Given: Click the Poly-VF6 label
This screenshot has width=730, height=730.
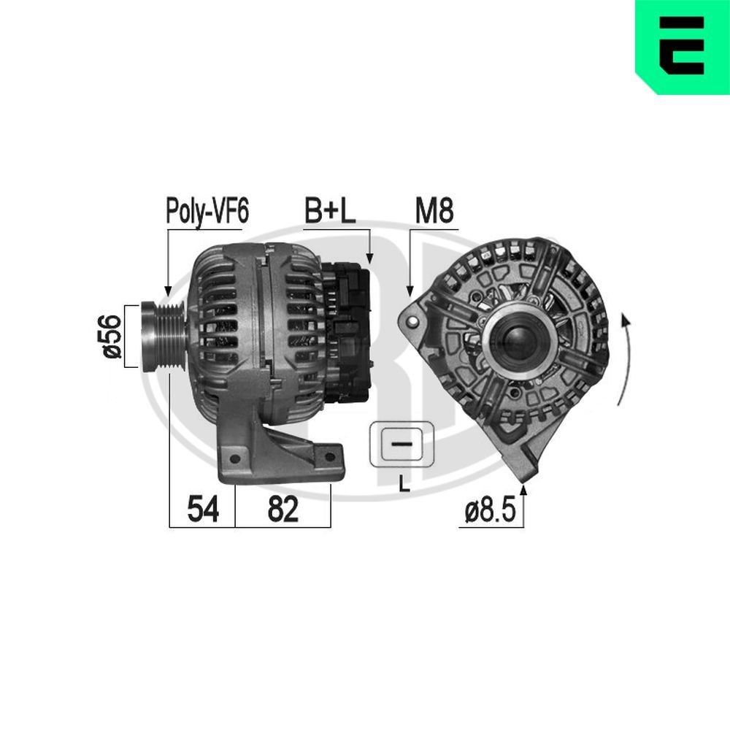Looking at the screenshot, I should [207, 212].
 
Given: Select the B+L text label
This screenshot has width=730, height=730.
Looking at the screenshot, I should [329, 212].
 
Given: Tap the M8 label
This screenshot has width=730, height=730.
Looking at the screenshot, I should [434, 212].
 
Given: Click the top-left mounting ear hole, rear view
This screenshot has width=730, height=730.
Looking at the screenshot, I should [415, 320].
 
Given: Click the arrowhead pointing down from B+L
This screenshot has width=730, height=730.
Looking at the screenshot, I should [369, 257].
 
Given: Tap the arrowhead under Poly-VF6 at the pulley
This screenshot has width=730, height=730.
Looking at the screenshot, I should [168, 290].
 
